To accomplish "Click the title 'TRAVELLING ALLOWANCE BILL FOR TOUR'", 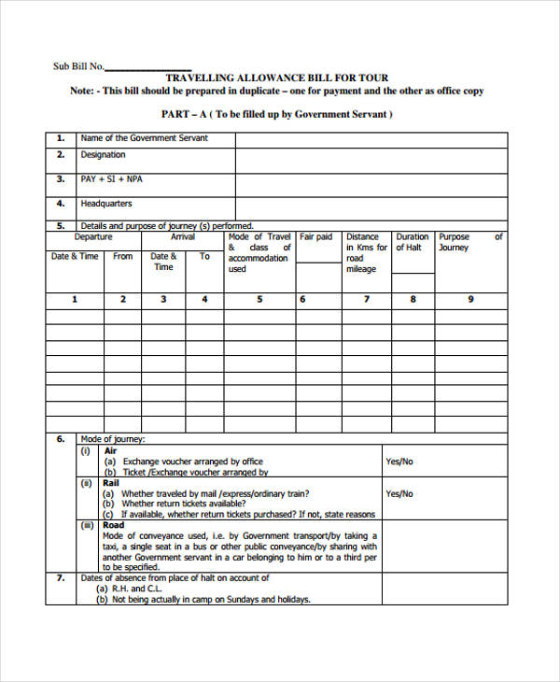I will tap(277, 78).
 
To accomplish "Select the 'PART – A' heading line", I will tap(277, 114).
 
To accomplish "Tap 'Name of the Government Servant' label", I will tap(144, 138).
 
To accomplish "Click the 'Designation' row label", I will tap(103, 155).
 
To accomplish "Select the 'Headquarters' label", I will tap(105, 204).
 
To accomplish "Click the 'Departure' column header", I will tap(93, 237).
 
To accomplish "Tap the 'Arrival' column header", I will tap(183, 237).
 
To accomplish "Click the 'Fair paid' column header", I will tap(315, 237).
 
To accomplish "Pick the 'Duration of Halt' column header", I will tap(412, 242).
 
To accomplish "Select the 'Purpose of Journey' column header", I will tap(469, 242).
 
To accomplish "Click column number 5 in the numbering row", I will tap(259, 300).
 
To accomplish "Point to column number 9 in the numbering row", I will tap(470, 300).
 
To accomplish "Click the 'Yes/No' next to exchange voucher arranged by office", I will tap(399, 462).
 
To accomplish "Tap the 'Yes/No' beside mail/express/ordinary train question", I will tap(399, 493).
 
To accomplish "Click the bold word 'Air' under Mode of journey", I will tap(110, 450).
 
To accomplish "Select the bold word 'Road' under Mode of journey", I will tap(114, 525).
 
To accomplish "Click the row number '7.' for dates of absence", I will tap(61, 578).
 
